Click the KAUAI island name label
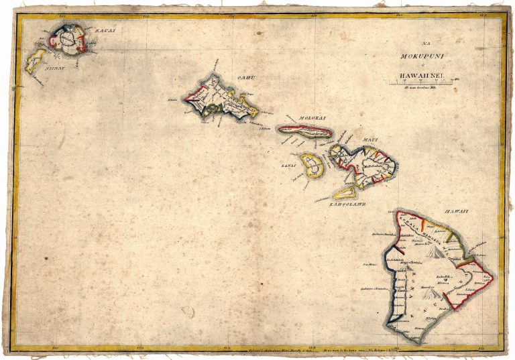pos(101,30)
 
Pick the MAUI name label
pos(370,139)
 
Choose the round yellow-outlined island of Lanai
pos(310,165)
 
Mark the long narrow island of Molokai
pos(305,131)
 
